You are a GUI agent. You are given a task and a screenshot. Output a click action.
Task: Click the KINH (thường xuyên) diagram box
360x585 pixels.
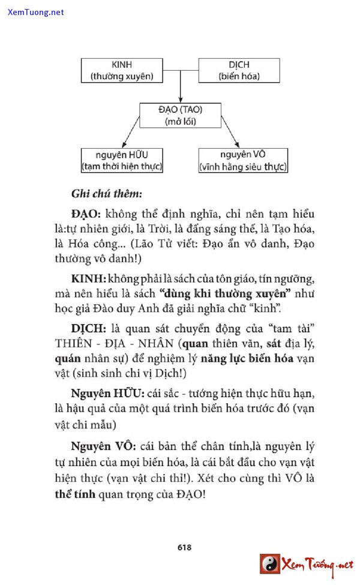click(x=121, y=70)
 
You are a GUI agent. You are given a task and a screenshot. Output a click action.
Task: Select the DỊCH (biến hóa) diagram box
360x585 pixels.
click(x=239, y=70)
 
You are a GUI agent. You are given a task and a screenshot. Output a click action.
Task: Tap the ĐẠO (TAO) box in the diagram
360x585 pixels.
click(x=180, y=115)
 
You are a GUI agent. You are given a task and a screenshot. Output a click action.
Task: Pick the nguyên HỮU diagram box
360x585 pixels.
click(x=121, y=160)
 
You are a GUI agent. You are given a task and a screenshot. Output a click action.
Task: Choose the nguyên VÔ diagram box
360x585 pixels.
click(x=243, y=160)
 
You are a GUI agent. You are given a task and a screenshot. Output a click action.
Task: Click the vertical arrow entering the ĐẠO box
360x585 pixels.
click(x=180, y=90)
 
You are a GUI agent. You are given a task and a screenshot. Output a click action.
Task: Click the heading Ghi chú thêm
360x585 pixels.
click(x=106, y=194)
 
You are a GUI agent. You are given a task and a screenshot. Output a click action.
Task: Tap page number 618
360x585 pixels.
click(x=184, y=547)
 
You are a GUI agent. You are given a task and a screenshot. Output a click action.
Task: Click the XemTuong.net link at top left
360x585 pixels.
click(x=36, y=12)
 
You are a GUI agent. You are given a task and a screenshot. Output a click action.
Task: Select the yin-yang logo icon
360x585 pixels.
click(x=270, y=564)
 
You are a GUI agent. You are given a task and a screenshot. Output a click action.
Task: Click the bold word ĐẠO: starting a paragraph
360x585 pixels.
click(x=88, y=214)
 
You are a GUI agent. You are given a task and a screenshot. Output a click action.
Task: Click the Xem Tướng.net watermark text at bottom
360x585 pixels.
click(x=318, y=565)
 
